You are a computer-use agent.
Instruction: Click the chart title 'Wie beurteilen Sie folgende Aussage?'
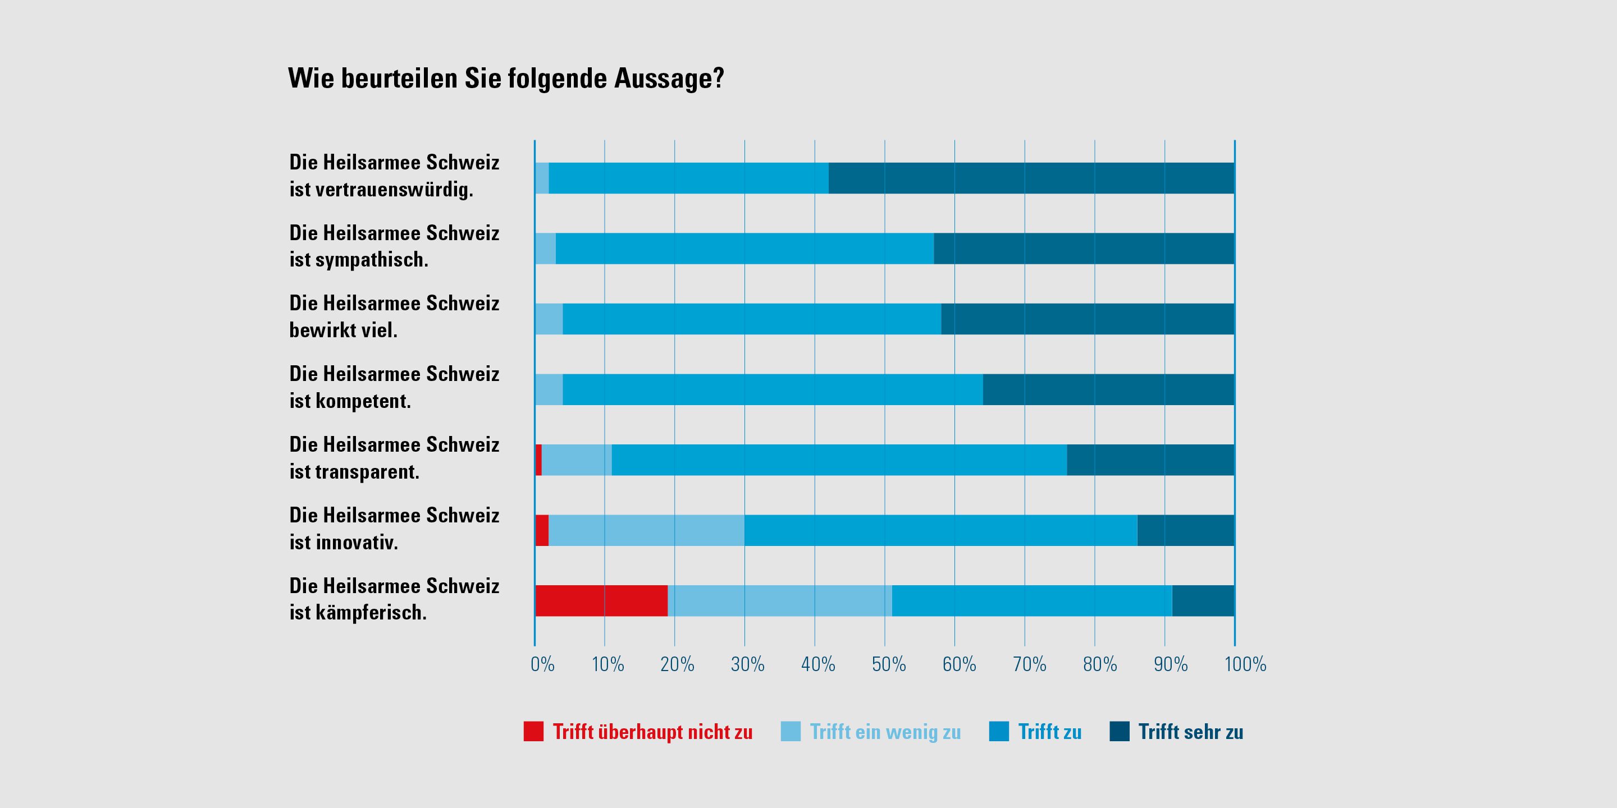click(506, 79)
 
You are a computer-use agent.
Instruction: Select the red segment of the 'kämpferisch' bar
click(601, 600)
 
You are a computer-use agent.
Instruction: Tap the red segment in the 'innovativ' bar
click(542, 530)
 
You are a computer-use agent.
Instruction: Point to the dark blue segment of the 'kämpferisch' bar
click(1203, 600)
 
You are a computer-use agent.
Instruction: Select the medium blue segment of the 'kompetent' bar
click(772, 389)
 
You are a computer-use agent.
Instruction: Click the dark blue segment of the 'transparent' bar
click(1150, 460)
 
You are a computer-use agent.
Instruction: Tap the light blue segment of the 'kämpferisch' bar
click(780, 600)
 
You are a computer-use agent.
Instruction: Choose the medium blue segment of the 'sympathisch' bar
click(744, 249)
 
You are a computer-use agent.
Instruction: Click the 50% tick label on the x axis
click(888, 664)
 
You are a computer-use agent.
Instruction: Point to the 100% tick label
click(1245, 664)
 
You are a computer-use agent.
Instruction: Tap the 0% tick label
click(542, 664)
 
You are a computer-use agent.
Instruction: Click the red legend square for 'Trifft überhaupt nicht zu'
click(533, 732)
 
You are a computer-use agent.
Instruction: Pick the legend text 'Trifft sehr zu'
click(1190, 732)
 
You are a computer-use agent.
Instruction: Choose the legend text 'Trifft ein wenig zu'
click(885, 732)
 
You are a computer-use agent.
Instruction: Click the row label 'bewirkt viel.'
click(344, 330)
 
